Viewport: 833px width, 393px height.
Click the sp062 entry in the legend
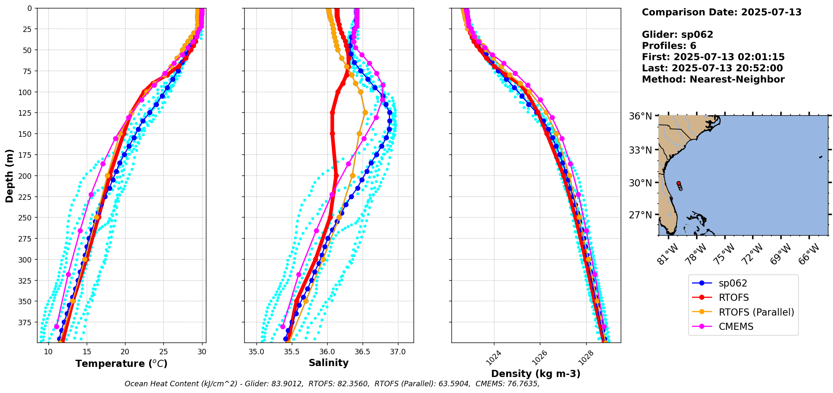tap(733, 284)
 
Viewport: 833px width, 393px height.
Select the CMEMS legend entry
tap(736, 327)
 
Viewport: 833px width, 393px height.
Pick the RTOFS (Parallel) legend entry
tap(756, 312)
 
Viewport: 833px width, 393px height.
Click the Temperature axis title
tap(121, 364)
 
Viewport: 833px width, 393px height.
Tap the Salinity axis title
tap(328, 363)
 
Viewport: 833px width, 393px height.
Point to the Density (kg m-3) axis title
tap(536, 374)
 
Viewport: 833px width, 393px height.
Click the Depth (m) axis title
tap(9, 175)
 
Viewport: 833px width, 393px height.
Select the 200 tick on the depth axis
tap(26, 176)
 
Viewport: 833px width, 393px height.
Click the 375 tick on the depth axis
tap(26, 322)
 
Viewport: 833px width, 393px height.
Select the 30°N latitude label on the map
tap(640, 183)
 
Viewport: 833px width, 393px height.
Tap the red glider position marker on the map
tap(678, 183)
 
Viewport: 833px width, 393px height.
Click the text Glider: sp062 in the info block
tap(677, 35)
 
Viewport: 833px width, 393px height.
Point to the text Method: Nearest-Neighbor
tap(713, 80)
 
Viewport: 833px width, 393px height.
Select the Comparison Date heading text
tap(721, 12)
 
